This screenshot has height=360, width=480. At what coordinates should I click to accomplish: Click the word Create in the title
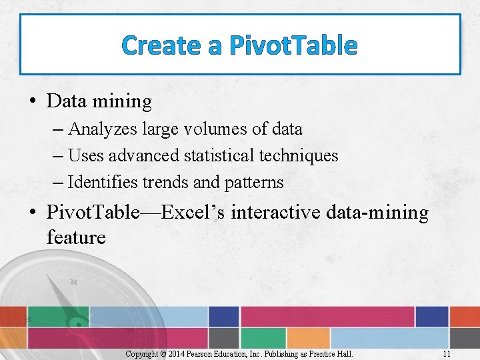coord(161,45)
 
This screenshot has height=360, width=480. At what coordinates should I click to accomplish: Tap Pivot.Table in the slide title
coord(293,45)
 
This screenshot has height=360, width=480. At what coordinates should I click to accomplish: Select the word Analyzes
coord(99,129)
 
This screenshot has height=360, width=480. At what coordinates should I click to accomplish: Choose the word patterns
coord(256,182)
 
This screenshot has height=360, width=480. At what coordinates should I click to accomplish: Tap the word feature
coord(76,237)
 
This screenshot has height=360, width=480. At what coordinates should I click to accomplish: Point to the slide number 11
coord(447,353)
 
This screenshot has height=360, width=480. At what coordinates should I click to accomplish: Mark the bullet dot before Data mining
coord(32,102)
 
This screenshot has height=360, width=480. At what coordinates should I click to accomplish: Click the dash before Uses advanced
coord(57,156)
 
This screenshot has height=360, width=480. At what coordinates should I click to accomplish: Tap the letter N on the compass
coord(73,282)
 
